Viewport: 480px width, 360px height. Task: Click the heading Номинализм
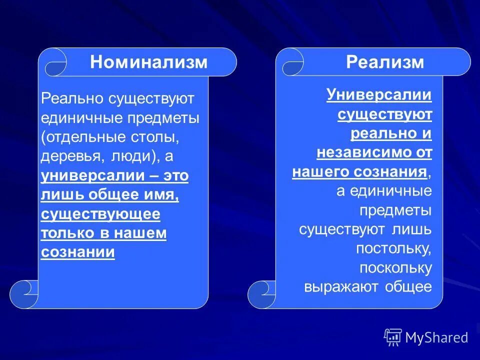(x=148, y=62)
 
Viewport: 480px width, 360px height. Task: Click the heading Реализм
(x=385, y=62)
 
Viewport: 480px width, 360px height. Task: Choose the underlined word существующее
(x=100, y=214)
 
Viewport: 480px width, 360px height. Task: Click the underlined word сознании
(x=77, y=252)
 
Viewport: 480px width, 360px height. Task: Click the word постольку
(x=394, y=248)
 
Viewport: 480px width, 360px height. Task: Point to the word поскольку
(x=395, y=267)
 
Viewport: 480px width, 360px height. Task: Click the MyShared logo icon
(x=393, y=337)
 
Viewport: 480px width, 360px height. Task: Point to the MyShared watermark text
(x=436, y=337)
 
